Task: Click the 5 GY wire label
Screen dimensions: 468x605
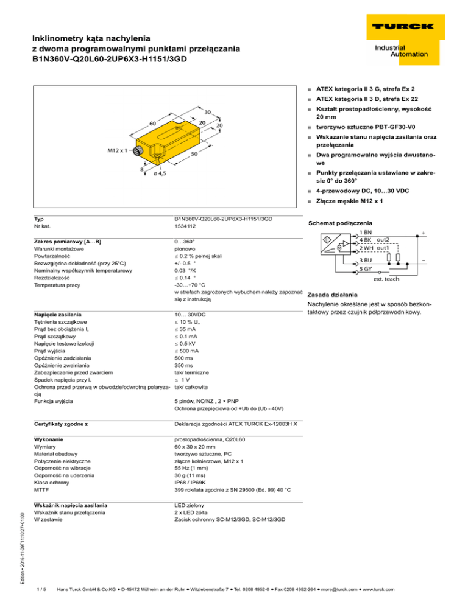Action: (x=366, y=268)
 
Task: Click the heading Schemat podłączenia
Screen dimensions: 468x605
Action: (x=342, y=223)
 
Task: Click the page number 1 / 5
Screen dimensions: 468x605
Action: (x=41, y=588)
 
